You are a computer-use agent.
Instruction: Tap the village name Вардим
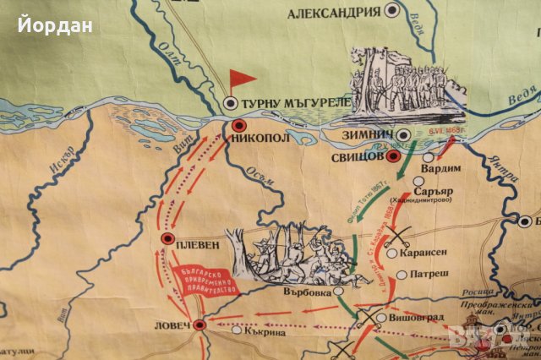coord(457,167)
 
